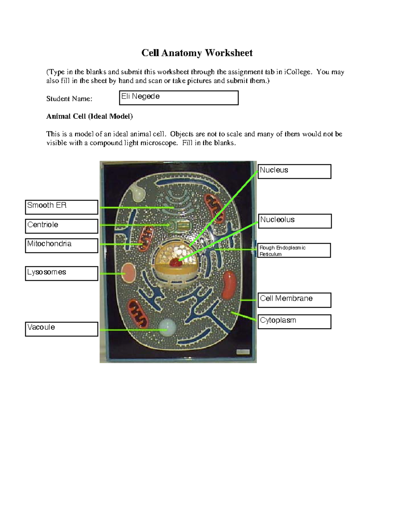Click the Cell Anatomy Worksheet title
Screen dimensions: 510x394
(197, 53)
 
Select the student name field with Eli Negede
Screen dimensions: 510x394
(179, 98)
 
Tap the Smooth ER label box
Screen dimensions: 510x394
(61, 207)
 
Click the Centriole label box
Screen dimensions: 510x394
(61, 226)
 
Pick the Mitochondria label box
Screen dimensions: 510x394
(61, 245)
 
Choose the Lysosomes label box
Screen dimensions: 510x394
(61, 273)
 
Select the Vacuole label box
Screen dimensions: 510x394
(61, 329)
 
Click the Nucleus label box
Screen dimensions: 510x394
(294, 171)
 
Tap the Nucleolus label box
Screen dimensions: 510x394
(295, 221)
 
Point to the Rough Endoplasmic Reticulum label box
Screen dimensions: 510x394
(294, 250)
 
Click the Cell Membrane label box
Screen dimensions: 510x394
(294, 300)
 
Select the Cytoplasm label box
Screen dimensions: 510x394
(294, 322)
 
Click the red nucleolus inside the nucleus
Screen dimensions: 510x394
(175, 262)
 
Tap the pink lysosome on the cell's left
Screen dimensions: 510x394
(128, 273)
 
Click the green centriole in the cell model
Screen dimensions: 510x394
(179, 225)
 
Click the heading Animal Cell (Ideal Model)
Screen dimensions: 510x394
(89, 116)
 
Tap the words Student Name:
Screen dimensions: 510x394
(69, 99)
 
